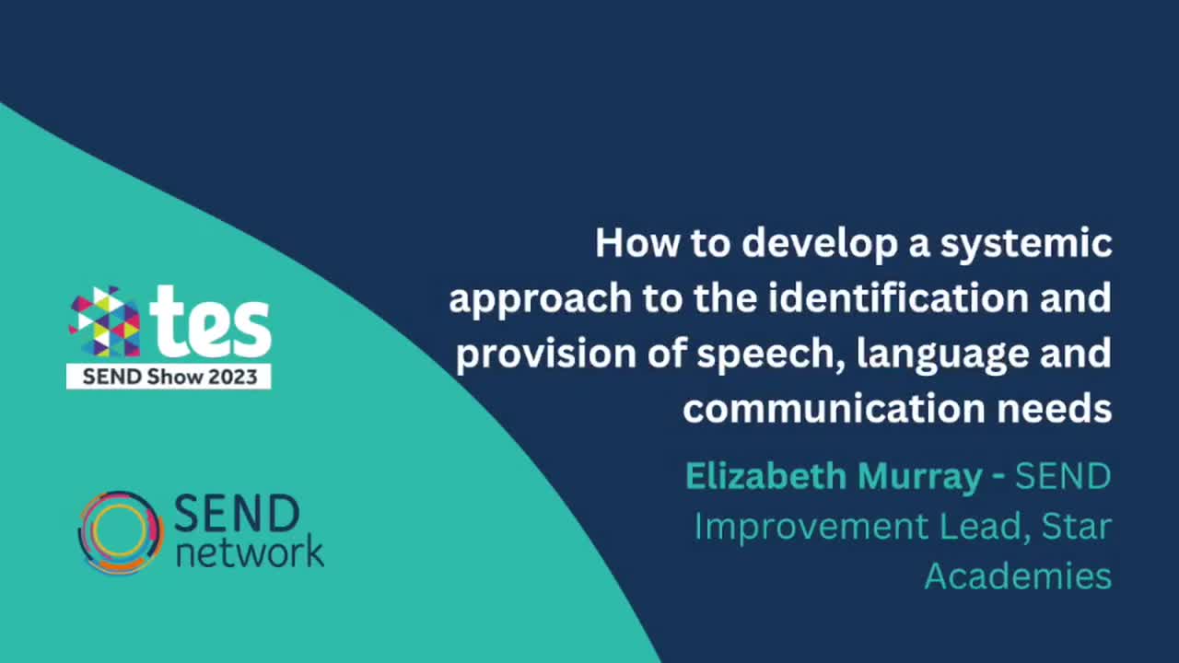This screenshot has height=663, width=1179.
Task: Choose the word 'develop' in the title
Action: [x=804, y=245]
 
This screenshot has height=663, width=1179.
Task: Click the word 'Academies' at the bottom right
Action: [x=1018, y=576]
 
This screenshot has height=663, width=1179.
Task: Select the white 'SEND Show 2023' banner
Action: [x=169, y=377]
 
